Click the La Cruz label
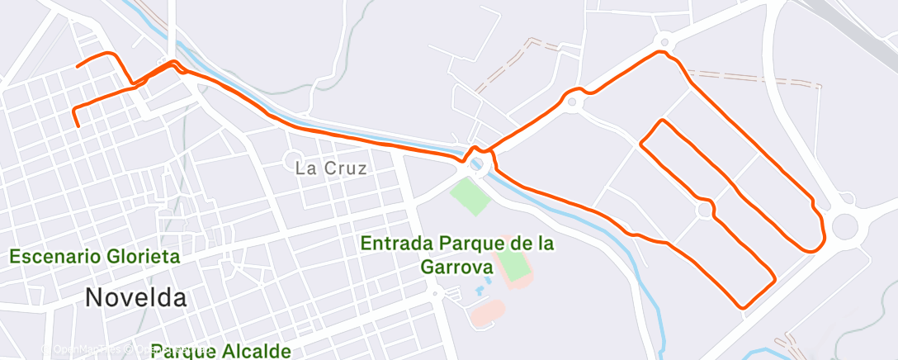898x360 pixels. click(330, 168)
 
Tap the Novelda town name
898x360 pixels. click(135, 298)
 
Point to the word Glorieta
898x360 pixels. click(144, 257)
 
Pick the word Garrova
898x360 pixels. click(456, 267)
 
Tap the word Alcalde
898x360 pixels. click(256, 351)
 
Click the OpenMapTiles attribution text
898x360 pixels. click(83, 350)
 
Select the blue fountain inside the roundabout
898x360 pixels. click(477, 164)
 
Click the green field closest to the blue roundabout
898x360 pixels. click(470, 196)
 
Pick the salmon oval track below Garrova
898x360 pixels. click(487, 312)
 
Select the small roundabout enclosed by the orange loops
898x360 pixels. click(704, 211)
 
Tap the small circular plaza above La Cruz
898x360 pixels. click(294, 159)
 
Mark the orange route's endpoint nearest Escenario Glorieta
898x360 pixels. click(77, 126)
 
